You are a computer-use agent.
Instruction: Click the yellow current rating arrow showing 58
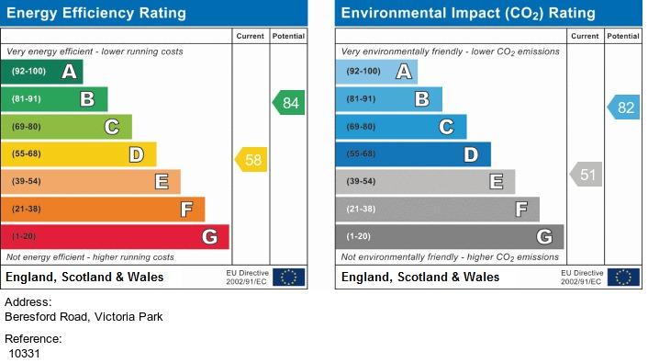[x=251, y=159]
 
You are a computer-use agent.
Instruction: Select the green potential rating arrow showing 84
[x=288, y=103]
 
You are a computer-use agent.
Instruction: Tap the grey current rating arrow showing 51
[x=586, y=175]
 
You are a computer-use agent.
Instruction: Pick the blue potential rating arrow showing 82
[x=623, y=108]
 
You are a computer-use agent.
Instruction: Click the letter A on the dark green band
[x=69, y=72]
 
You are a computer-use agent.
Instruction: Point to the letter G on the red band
[x=209, y=237]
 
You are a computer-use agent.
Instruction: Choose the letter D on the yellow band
[x=137, y=154]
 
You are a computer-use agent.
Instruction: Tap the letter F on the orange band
[x=186, y=210]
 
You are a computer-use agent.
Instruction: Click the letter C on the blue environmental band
[x=446, y=127]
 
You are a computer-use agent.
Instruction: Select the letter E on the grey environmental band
[x=496, y=182]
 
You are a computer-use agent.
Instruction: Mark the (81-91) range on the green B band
[x=27, y=99]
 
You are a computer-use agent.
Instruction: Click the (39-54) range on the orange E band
[x=27, y=181]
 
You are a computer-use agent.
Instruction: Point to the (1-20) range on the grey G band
[x=358, y=236]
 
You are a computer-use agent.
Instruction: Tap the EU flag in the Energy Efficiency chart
[x=288, y=277]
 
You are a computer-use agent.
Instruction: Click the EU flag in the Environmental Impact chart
[x=623, y=277]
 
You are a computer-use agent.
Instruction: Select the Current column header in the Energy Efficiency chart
[x=250, y=36]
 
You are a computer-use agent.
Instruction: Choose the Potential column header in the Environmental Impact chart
[x=623, y=36]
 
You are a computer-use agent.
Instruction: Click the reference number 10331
[x=25, y=354]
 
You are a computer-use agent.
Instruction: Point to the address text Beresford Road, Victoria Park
[x=84, y=317]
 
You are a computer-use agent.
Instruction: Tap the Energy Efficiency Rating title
[x=96, y=13]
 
